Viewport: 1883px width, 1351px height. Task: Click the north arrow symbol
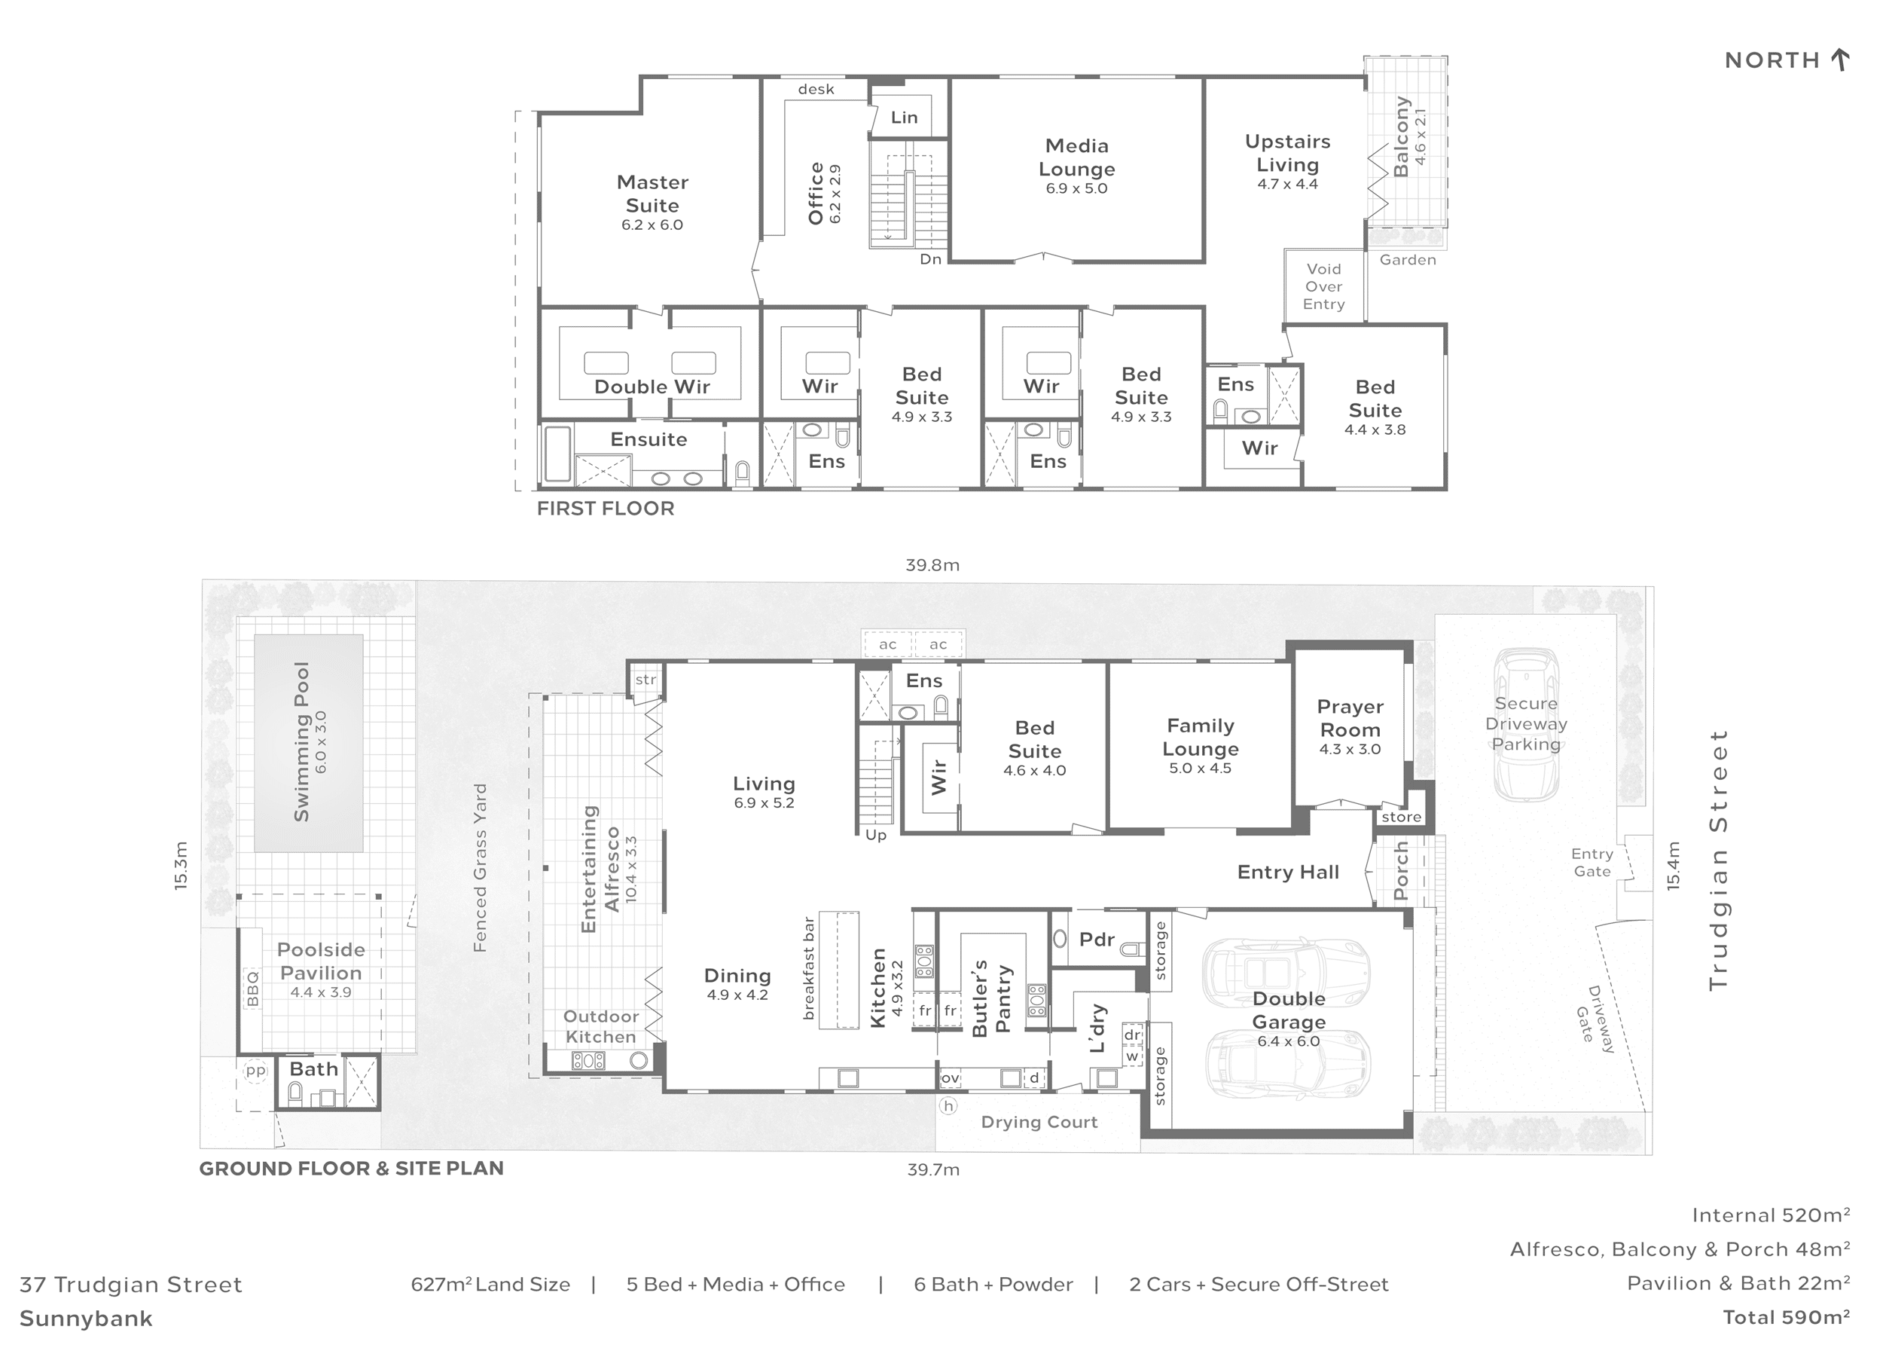tap(1840, 60)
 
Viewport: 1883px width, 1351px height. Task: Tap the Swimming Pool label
tap(301, 741)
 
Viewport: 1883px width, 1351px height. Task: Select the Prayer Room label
tap(1350, 718)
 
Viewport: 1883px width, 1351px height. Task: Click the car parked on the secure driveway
tap(1526, 723)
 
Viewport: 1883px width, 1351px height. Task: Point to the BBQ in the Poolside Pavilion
tap(252, 989)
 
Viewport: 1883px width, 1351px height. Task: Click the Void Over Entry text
tap(1323, 286)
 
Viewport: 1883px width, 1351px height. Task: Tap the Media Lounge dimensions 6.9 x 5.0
tap(1076, 188)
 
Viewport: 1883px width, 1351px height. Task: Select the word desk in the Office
tap(816, 90)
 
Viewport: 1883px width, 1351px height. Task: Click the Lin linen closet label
tap(904, 117)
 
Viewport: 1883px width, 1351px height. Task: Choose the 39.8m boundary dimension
tap(932, 565)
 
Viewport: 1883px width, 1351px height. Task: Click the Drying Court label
tap(1039, 1123)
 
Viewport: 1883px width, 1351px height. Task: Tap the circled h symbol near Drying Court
tap(948, 1106)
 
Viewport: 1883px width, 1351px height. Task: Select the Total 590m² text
tap(1786, 1318)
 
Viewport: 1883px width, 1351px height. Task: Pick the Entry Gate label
tap(1592, 863)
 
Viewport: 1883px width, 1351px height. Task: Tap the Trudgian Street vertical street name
tap(1718, 860)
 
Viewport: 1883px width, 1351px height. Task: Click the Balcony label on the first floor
tap(1401, 137)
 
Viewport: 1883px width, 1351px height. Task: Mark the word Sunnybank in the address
tap(87, 1319)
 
